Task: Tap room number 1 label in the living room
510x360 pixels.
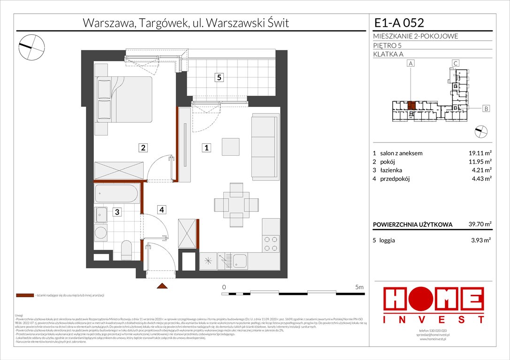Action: click(206, 148)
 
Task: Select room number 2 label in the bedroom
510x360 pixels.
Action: click(143, 148)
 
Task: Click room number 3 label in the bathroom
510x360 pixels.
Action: click(117, 212)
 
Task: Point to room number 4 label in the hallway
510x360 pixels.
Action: click(161, 210)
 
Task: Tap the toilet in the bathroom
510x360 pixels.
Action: click(127, 249)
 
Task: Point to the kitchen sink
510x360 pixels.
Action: click(240, 261)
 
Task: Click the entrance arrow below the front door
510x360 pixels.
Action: click(161, 286)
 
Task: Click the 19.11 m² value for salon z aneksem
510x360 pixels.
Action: click(479, 153)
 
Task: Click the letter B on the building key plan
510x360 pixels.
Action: click(486, 109)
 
